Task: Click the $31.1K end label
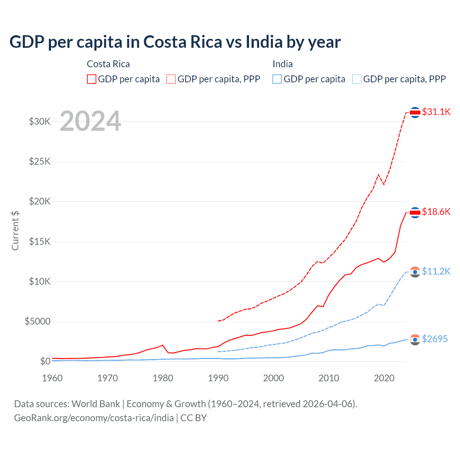(436, 112)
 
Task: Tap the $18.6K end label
(436, 212)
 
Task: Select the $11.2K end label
(436, 271)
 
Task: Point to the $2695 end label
(434, 339)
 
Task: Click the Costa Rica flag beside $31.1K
(415, 112)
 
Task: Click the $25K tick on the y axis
(40, 161)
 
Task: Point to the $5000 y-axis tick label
(38, 321)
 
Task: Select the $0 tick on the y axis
(45, 361)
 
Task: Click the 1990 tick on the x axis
(218, 378)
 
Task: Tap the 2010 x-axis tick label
(329, 378)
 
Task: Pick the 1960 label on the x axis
(52, 378)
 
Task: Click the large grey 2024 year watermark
(90, 121)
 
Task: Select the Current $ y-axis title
(15, 231)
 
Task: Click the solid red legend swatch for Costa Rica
(92, 79)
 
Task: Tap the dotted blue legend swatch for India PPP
(357, 79)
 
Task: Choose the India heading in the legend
(282, 64)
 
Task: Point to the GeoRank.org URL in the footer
(94, 418)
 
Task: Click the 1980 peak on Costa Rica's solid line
(163, 345)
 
